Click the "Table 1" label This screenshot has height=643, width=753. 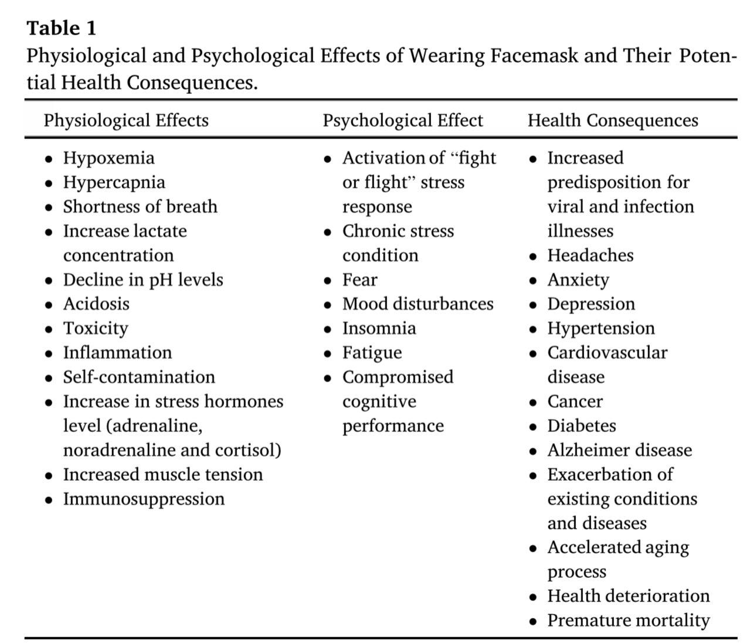62,28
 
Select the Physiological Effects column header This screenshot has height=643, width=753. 126,120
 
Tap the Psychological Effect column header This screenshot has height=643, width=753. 403,120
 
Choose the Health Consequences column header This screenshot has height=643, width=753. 613,120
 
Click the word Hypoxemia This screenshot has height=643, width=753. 109,158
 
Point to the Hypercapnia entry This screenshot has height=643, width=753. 114,182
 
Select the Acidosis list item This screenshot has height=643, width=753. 96,304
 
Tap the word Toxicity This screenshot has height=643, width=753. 96,328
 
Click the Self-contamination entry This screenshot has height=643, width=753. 139,377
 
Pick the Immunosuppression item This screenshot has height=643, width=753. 144,499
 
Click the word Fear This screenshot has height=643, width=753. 359,280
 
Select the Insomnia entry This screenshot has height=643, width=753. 379,328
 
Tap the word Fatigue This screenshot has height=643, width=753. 372,353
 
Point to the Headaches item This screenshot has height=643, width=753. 591,256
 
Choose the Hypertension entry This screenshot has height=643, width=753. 601,328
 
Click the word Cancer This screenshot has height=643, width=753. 575,402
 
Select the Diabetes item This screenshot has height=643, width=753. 582,426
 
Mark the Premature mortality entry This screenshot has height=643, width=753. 629,620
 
